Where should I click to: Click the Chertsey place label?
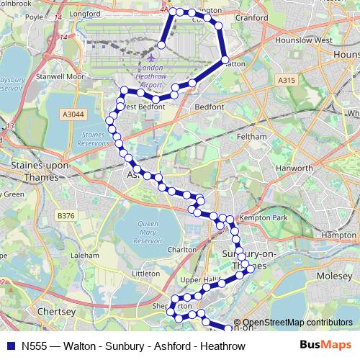56,312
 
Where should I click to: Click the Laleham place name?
85,255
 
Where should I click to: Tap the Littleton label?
145,274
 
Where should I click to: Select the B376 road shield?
66,215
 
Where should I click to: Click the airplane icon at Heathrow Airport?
152,55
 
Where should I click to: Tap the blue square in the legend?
11,346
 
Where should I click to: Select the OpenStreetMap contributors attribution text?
297,323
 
